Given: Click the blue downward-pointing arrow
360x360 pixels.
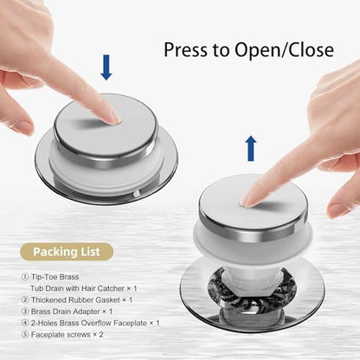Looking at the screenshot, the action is [x=106, y=67].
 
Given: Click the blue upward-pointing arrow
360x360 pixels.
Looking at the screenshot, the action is [x=251, y=149].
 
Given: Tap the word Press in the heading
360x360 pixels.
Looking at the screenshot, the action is [x=186, y=49].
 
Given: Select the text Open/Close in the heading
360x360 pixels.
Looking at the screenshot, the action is [x=284, y=49].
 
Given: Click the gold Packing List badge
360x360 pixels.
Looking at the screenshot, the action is [x=67, y=252].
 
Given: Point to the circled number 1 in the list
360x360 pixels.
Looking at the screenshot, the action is [x=25, y=277].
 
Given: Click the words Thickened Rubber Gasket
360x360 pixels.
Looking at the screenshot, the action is [x=75, y=300].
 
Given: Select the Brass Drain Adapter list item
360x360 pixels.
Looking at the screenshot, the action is [x=67, y=312].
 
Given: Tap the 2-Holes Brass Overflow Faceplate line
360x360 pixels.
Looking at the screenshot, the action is [x=90, y=323].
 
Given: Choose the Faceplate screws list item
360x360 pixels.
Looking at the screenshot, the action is [x=62, y=335].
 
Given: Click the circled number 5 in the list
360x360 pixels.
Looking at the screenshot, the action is [x=25, y=335].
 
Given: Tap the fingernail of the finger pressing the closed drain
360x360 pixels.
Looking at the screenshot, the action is [x=115, y=118].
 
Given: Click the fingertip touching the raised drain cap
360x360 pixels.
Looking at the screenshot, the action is [x=247, y=202].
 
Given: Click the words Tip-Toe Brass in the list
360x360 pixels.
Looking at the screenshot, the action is [x=55, y=277].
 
